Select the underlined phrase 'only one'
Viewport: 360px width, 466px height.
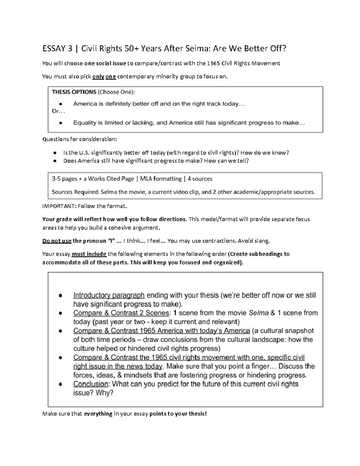coord(104,77)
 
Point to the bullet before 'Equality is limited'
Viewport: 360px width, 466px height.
coord(61,123)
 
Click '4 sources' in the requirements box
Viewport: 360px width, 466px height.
coord(200,179)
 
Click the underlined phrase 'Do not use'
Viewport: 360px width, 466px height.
coord(57,241)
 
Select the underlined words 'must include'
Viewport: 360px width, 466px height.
coord(89,254)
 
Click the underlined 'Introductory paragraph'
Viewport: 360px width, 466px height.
coord(109,295)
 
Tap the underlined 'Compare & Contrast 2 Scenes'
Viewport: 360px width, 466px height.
coord(121,313)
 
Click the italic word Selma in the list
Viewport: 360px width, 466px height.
coord(259,313)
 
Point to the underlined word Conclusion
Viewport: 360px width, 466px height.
coord(91,384)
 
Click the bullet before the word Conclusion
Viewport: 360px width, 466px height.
coord(61,384)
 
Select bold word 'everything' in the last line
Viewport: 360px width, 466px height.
coord(98,414)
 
